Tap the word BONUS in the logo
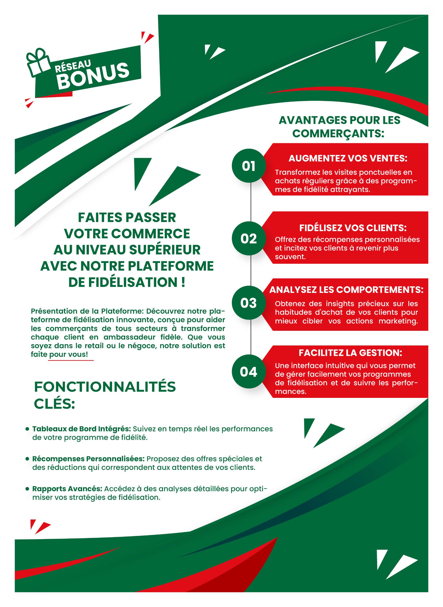click(x=93, y=76)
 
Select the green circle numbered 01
click(x=249, y=166)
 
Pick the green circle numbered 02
click(x=249, y=239)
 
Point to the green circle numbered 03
click(x=249, y=303)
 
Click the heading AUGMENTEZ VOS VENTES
click(x=348, y=158)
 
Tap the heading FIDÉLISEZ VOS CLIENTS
click(x=353, y=228)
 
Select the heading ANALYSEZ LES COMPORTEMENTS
click(x=346, y=290)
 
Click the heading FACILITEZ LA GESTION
click(x=350, y=353)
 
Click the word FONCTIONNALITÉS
click(x=105, y=387)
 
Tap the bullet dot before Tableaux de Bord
click(x=27, y=429)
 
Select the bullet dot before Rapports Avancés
click(x=27, y=489)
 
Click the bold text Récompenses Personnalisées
click(x=89, y=459)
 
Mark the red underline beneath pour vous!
click(x=71, y=360)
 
